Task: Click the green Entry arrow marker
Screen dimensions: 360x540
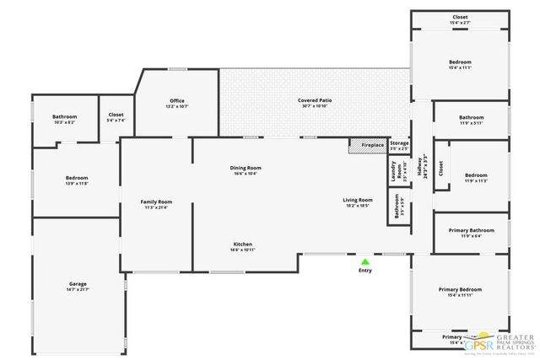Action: coord(364,261)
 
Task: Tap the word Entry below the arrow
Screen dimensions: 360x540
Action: coord(364,271)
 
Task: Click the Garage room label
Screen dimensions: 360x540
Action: coord(78,284)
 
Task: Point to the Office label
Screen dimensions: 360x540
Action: coord(177,101)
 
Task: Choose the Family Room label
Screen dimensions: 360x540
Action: coord(156,202)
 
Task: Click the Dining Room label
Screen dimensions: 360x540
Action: coord(246,169)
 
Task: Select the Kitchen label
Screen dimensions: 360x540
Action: coord(243,244)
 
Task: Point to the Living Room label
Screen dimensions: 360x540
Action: coord(358,201)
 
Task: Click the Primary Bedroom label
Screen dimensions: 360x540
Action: coord(460,290)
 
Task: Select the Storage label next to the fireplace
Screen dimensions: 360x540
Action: coord(399,144)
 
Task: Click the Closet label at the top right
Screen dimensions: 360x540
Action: coord(460,16)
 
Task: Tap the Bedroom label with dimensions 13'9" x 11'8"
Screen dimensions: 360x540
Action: coord(77,179)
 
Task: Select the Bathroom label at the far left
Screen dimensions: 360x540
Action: coord(64,117)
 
